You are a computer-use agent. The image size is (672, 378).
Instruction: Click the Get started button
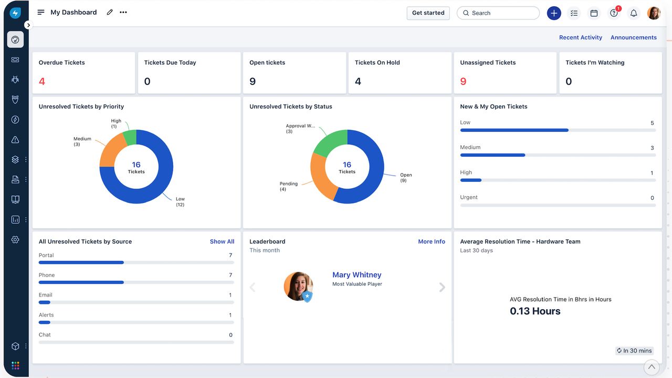pos(428,13)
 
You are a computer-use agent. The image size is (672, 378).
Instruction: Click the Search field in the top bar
pos(498,13)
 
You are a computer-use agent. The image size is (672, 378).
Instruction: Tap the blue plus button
pos(554,13)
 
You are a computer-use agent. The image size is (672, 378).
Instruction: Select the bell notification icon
pos(634,13)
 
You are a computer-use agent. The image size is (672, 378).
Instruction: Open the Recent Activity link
pos(581,37)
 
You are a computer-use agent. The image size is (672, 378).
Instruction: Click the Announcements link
pos(634,37)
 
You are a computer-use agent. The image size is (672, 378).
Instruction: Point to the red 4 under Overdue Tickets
pos(42,81)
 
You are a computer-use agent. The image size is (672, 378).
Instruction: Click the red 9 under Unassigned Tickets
pos(463,81)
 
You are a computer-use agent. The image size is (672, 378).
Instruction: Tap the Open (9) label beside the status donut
pos(406,178)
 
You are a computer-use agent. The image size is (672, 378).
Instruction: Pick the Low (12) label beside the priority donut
pos(180,202)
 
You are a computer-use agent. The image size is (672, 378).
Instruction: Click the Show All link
pos(222,242)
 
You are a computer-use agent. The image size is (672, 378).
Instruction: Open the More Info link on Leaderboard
pos(432,242)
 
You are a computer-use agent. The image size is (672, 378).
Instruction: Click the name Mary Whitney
pos(356,274)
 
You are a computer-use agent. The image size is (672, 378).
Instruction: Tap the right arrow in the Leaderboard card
pos(442,287)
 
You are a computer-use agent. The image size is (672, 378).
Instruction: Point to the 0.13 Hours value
pos(535,311)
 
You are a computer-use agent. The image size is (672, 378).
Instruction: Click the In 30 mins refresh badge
pos(634,351)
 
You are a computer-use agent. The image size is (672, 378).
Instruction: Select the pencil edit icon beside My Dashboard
pos(110,12)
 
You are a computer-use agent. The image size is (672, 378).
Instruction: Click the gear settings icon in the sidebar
pos(15,240)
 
